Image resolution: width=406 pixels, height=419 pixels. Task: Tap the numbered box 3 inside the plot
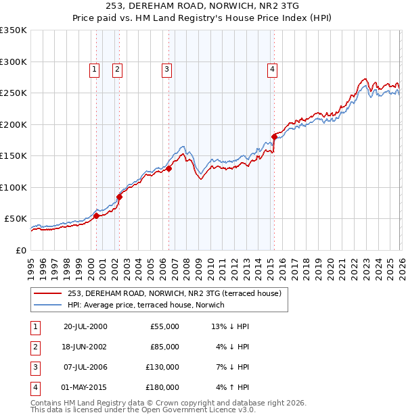(x=166, y=68)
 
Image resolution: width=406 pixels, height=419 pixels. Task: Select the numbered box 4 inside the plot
(x=272, y=68)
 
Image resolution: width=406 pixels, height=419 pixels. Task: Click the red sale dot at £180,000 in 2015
(x=274, y=137)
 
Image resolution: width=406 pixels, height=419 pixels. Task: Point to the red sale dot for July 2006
(x=169, y=169)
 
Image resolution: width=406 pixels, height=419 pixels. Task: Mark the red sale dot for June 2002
(x=119, y=197)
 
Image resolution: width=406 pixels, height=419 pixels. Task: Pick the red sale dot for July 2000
(x=96, y=216)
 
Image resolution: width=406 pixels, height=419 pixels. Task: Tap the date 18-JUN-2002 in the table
(x=85, y=347)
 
